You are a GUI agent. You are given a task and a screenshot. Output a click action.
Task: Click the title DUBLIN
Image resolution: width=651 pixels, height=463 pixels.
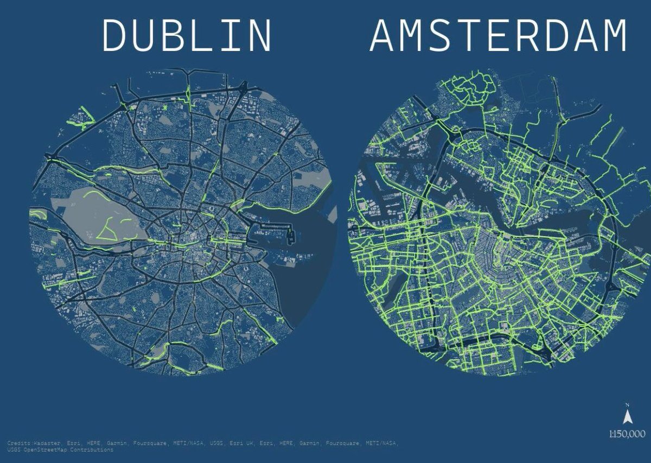tap(187, 36)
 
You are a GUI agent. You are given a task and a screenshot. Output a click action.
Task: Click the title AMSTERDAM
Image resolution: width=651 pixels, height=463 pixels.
tap(498, 36)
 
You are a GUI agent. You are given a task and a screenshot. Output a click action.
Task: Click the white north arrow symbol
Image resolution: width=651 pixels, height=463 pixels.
tap(628, 417)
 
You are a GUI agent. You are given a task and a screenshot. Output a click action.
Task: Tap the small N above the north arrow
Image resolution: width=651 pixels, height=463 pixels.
tap(628, 405)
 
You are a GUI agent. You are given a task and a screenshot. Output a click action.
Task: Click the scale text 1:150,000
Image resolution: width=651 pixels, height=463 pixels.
tap(627, 434)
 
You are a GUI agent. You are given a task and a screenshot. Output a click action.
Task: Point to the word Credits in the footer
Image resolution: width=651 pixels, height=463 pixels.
tap(19, 443)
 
